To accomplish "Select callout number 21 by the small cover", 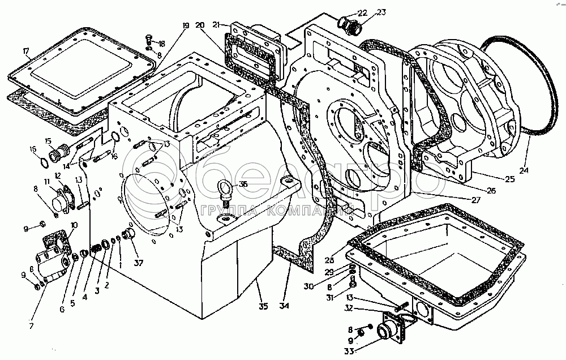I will coord(216,23).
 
